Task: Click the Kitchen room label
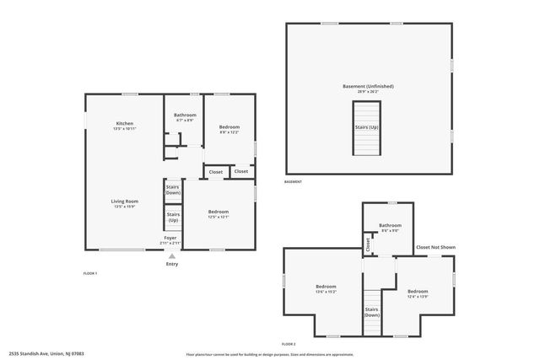coord(125,124)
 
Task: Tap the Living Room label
coord(125,201)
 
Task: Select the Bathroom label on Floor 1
coord(185,115)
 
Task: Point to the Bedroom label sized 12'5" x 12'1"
coord(218,212)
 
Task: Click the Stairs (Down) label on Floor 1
coord(173,190)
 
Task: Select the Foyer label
coord(170,239)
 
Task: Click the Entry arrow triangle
coord(172,256)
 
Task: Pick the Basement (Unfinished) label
coord(368,86)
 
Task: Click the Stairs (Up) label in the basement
coord(367,127)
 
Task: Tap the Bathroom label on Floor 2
coord(390,225)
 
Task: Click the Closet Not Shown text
coord(435,247)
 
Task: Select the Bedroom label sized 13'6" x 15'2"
coord(326,287)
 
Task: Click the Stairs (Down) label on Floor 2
coord(371,312)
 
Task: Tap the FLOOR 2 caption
coord(289,344)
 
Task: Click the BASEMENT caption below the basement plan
coord(293,182)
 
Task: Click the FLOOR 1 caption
coord(90,273)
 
